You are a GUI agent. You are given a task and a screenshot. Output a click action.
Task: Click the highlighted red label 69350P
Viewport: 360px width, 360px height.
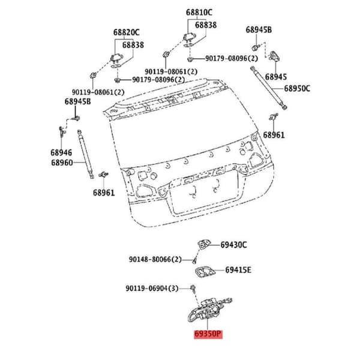(208, 334)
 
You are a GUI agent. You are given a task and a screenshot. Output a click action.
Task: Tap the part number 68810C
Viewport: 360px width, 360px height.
(199, 13)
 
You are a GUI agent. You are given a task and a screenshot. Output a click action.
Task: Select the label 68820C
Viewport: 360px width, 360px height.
(126, 32)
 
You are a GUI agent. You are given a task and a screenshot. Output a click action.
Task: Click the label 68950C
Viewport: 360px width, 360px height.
(297, 88)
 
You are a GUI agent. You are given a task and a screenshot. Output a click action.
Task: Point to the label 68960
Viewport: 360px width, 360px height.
(62, 163)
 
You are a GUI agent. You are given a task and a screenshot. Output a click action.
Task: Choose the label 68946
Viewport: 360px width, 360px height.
(61, 152)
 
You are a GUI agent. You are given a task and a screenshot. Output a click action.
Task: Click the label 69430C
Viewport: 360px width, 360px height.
(234, 245)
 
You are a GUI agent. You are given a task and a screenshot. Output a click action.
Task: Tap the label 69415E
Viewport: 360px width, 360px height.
(238, 270)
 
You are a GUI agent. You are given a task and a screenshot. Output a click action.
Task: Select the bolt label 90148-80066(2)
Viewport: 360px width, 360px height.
(155, 260)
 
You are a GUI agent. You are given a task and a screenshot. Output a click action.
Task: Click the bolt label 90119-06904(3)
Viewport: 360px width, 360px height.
(152, 289)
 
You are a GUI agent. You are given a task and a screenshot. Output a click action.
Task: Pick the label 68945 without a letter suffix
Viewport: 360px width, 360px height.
(276, 77)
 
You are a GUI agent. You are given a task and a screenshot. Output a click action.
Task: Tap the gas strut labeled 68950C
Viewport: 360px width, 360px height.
(269, 88)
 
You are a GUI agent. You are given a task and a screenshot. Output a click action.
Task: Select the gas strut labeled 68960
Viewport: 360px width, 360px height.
(86, 154)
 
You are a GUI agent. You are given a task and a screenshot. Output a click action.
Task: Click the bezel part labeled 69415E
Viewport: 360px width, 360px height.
(205, 272)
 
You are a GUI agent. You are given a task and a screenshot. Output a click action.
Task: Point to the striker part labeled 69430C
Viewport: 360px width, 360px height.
(204, 244)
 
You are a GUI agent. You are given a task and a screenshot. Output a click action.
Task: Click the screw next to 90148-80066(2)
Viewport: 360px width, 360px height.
(194, 260)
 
